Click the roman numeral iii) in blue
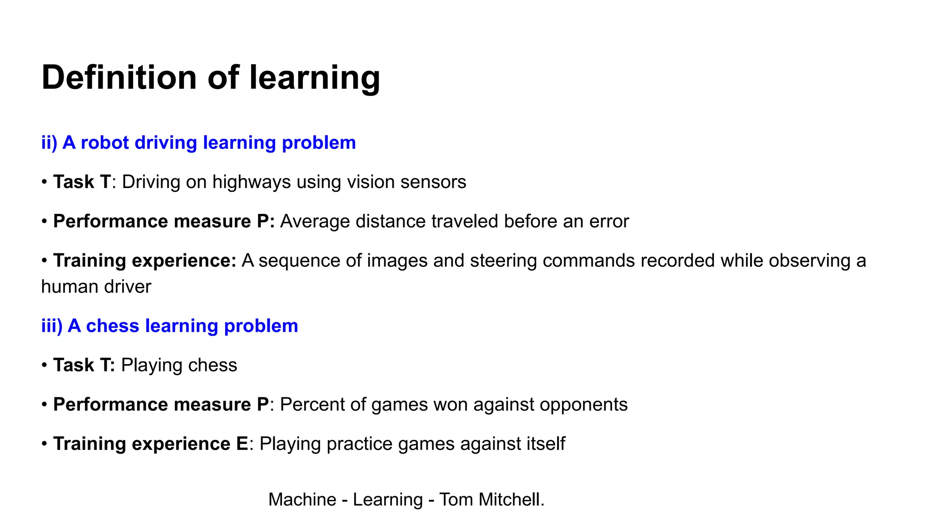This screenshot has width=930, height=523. pos(51,326)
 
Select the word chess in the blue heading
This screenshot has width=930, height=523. pos(112,326)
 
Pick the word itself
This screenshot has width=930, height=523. pos(545,444)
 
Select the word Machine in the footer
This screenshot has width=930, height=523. pos(302,499)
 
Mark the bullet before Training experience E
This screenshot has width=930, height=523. pos(45,444)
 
